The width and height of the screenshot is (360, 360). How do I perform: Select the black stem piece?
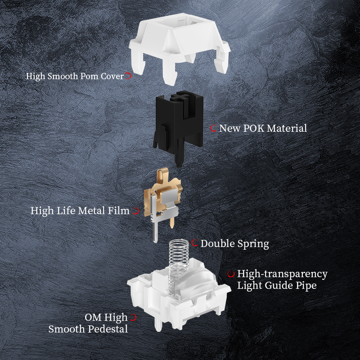(x=178, y=124)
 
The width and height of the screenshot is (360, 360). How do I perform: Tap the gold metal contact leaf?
(x=162, y=198)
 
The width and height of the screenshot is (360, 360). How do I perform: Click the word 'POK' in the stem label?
(x=253, y=128)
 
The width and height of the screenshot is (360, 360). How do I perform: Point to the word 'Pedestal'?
(x=108, y=329)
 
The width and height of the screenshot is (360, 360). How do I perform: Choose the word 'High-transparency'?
(x=282, y=274)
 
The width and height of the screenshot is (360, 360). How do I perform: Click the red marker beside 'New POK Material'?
(x=213, y=128)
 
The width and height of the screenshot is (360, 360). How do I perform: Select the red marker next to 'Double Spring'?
(x=195, y=243)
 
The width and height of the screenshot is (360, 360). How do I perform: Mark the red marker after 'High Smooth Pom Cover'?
(x=128, y=76)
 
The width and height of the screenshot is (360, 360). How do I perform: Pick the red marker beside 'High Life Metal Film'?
(x=136, y=211)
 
